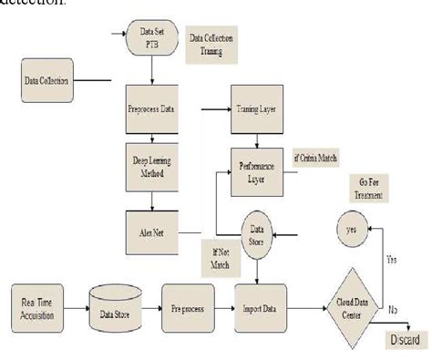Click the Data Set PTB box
[152, 38]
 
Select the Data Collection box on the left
[46, 78]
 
